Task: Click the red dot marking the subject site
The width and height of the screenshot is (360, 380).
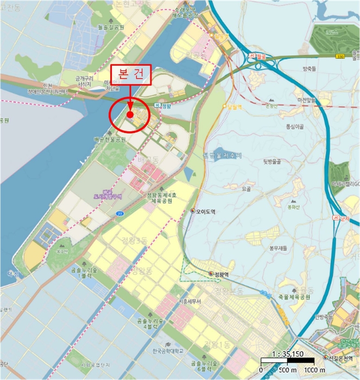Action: point(130,115)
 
